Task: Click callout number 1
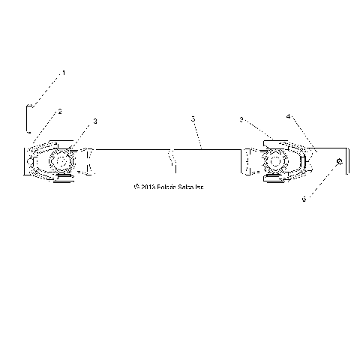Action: click(64, 73)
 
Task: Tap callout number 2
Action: click(60, 111)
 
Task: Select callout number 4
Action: click(288, 118)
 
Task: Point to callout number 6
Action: click(304, 200)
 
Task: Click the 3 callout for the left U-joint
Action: click(95, 121)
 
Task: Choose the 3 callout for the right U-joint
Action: click(241, 119)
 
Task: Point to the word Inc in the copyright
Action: click(199, 187)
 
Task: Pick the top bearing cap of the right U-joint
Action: click(274, 140)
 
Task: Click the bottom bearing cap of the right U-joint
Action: click(274, 181)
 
